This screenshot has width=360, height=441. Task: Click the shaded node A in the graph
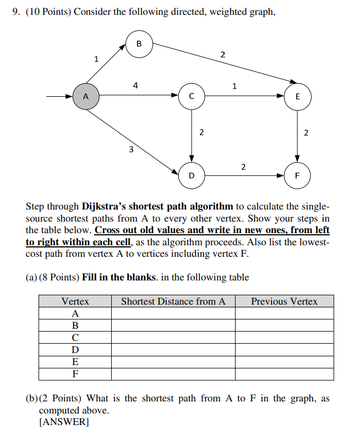[x=85, y=96]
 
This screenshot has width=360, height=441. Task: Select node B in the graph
[x=139, y=43]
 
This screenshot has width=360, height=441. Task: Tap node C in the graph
[x=191, y=96]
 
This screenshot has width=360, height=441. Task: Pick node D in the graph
[x=191, y=176]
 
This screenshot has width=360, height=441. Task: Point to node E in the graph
[x=298, y=96]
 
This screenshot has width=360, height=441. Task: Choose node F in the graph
[x=298, y=176]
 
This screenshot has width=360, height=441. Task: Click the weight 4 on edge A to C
[x=135, y=85]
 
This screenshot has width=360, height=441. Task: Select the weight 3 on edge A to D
[x=130, y=149]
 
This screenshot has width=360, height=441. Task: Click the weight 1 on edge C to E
[x=235, y=86]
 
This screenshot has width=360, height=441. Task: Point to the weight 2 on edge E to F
[x=306, y=133]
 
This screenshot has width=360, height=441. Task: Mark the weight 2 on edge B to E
[x=222, y=54]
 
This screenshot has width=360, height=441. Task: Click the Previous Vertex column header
[x=284, y=301]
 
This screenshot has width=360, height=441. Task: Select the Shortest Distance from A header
[x=173, y=301]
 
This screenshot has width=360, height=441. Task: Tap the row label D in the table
[x=75, y=349]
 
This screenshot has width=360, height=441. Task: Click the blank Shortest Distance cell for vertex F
[x=173, y=374]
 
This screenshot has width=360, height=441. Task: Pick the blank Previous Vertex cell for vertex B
[x=284, y=325]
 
